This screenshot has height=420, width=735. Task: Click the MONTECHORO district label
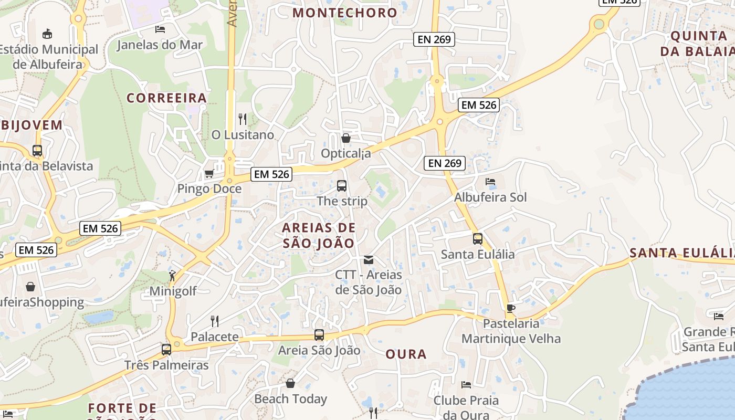(345, 13)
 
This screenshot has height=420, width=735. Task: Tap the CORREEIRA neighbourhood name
(167, 98)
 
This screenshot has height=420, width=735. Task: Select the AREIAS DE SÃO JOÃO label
(319, 235)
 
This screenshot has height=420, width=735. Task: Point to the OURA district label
(406, 354)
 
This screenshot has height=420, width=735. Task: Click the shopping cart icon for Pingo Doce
(209, 173)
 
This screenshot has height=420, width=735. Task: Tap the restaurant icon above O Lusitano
(242, 119)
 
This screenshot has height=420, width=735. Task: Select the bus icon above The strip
(342, 185)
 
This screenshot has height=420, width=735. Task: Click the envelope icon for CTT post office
(369, 259)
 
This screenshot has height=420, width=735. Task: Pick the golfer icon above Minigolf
(173, 275)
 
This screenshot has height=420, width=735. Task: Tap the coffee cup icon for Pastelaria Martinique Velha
(511, 308)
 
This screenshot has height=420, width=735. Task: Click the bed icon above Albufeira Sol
(490, 182)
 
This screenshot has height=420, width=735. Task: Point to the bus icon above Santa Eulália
(477, 239)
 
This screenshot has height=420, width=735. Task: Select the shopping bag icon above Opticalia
(345, 138)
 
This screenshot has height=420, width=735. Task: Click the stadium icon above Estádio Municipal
(47, 34)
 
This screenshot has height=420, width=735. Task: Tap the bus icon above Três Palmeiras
(166, 349)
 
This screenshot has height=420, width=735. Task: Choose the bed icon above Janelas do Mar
(160, 29)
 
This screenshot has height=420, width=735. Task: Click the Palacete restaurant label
(214, 337)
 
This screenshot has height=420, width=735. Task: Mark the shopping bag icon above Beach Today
(290, 383)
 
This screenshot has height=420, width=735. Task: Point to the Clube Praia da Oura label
(466, 407)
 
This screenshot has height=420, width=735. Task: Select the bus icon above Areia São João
(319, 334)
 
